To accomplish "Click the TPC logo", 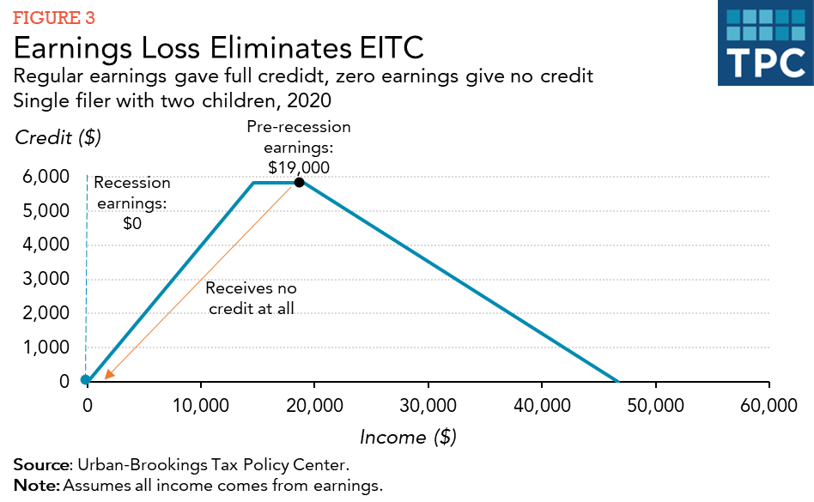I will [x=765, y=44].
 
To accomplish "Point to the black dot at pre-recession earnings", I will [x=299, y=182].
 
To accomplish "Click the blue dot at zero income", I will [x=85, y=380].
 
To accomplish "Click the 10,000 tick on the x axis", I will [x=200, y=405].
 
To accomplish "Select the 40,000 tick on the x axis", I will [x=541, y=405].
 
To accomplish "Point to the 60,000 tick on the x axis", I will [x=768, y=405].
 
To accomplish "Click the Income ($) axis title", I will [x=407, y=437].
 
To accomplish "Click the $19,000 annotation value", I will [x=299, y=167].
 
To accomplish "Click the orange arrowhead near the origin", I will [x=108, y=373].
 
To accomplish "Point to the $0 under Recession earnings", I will [x=131, y=223].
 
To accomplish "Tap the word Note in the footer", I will [x=33, y=485].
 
